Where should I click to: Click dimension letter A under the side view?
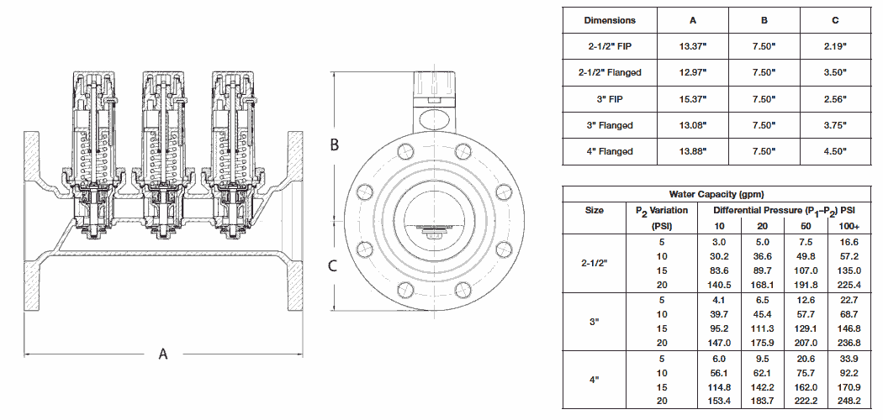click(163, 354)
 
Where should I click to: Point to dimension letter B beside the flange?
click(334, 144)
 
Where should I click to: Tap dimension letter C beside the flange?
click(333, 266)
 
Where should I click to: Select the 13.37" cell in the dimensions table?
click(692, 46)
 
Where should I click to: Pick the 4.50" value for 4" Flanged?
click(835, 151)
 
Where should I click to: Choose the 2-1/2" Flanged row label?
click(611, 72)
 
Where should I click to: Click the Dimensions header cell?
click(610, 20)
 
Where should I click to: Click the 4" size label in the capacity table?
click(594, 380)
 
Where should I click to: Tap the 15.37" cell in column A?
click(692, 99)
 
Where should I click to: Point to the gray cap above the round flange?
click(434, 85)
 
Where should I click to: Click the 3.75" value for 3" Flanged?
click(835, 125)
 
